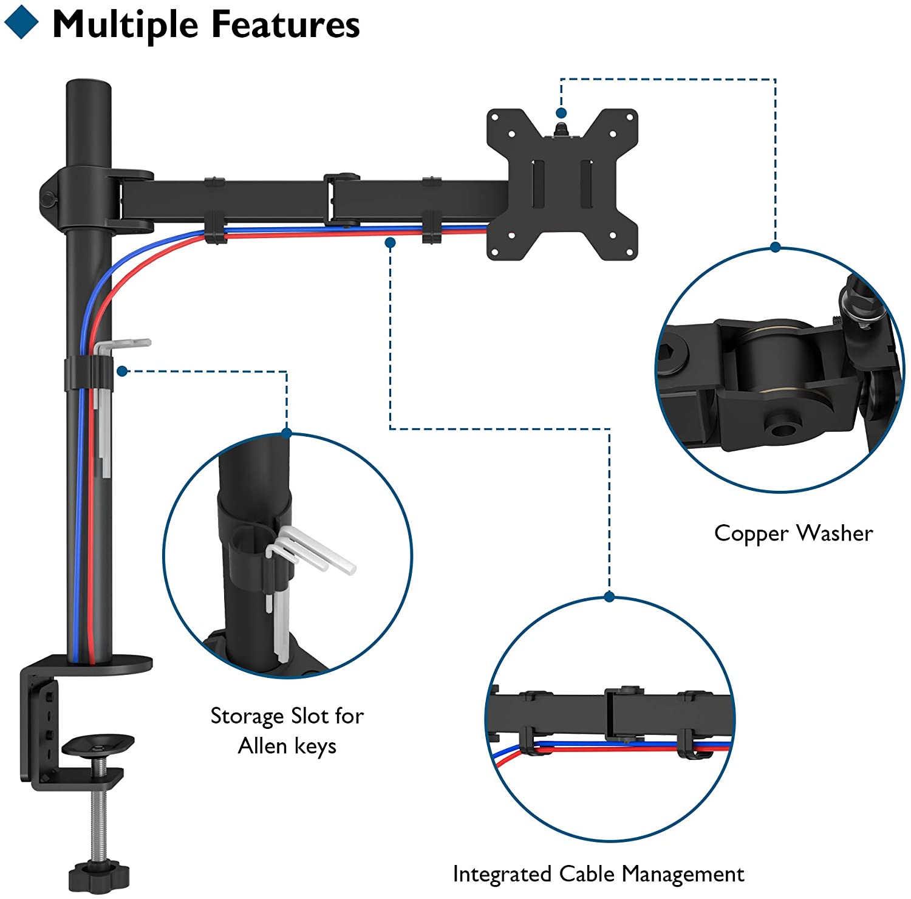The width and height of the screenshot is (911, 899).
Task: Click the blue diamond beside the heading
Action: (21, 22)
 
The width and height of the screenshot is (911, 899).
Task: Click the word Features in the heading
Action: (285, 25)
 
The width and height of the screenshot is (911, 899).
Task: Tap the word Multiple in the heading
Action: (126, 25)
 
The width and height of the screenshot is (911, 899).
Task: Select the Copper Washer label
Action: (793, 533)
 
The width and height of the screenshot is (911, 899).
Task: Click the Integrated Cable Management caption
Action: (598, 874)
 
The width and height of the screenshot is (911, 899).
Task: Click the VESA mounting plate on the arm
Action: (562, 184)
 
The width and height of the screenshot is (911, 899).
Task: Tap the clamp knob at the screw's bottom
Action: (99, 875)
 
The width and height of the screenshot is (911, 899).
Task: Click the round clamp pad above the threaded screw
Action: (98, 743)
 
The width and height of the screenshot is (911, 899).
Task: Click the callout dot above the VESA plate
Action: (561, 113)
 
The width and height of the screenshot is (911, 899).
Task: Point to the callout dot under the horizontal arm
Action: (391, 242)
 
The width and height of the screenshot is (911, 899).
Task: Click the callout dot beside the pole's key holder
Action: (123, 371)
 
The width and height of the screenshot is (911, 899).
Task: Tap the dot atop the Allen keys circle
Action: (287, 433)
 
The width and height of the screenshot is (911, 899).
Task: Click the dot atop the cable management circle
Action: (609, 597)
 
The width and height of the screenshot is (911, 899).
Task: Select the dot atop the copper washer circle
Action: (775, 247)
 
